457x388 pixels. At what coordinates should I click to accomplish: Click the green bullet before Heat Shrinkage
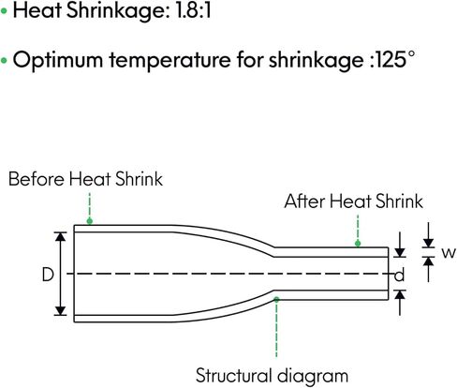[x=4, y=11]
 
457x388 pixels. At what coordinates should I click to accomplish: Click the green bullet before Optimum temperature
[x=4, y=60]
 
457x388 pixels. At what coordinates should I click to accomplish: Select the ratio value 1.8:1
[x=194, y=10]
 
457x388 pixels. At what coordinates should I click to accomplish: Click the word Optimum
[x=58, y=60]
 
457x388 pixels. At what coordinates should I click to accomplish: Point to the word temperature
[x=170, y=60]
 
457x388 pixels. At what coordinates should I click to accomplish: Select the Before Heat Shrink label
[x=85, y=179]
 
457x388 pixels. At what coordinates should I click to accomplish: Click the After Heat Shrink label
[x=353, y=201]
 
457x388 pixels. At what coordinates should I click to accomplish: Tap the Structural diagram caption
[x=272, y=375]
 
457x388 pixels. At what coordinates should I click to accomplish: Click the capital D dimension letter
[x=48, y=275]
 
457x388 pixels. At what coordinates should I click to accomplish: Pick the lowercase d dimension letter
[x=399, y=276]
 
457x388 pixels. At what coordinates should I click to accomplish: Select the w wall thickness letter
[x=449, y=252]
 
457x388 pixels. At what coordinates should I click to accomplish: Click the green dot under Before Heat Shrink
[x=90, y=221]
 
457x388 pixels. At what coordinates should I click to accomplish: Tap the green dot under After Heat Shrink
[x=358, y=244]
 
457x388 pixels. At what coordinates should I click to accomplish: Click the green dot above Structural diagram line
[x=276, y=300]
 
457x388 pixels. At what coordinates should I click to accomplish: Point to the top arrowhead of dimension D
[x=61, y=236]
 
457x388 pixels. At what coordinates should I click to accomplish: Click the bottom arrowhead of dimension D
[x=61, y=311]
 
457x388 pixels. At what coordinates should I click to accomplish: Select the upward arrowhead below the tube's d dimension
[x=400, y=294]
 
